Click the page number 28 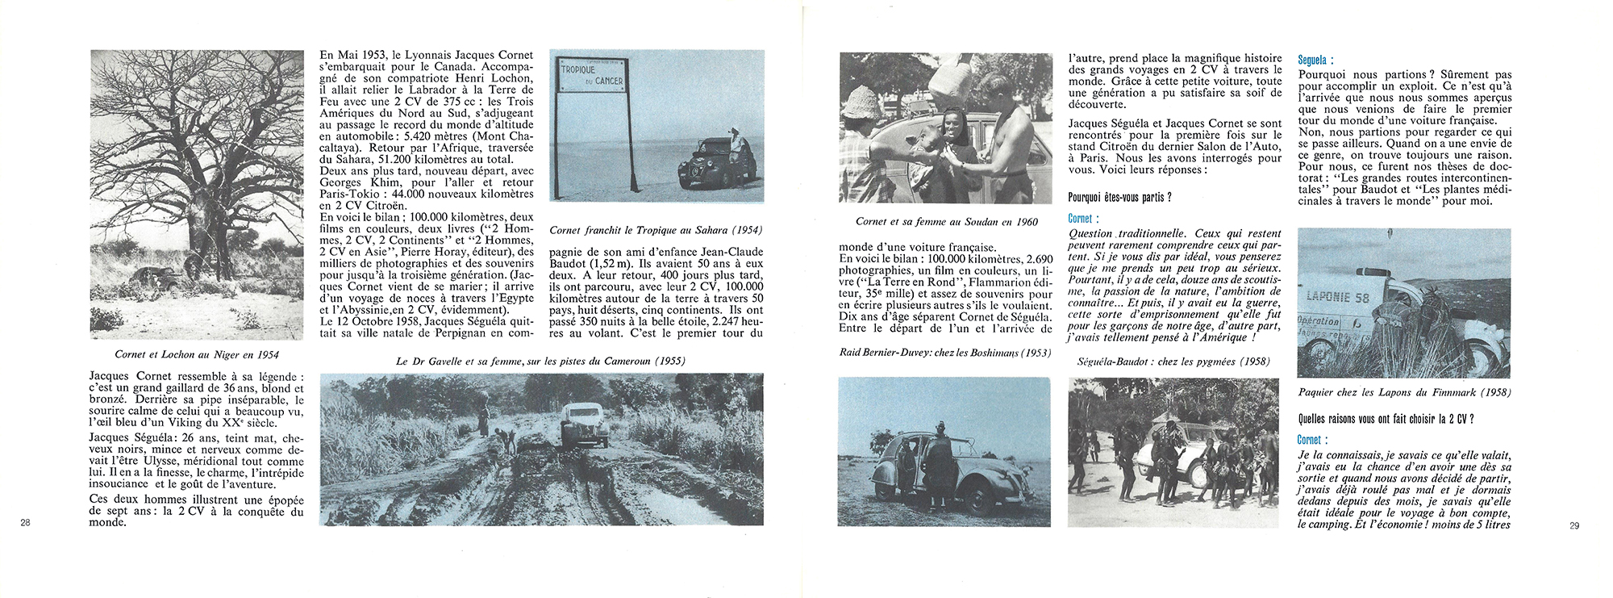(25, 524)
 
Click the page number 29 (1574, 526)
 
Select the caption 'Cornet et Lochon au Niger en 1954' (198, 354)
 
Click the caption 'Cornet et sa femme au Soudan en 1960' (947, 221)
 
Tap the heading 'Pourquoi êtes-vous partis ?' (1119, 198)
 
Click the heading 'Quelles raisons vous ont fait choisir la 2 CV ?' (1386, 419)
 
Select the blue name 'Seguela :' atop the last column (1315, 60)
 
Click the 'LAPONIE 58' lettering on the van (1339, 297)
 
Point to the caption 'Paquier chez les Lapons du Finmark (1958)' (1404, 393)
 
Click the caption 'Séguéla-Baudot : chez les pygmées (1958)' (1173, 362)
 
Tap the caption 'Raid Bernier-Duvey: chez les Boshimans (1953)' (944, 353)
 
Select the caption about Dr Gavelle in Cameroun (540, 361)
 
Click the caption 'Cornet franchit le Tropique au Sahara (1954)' (656, 230)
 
